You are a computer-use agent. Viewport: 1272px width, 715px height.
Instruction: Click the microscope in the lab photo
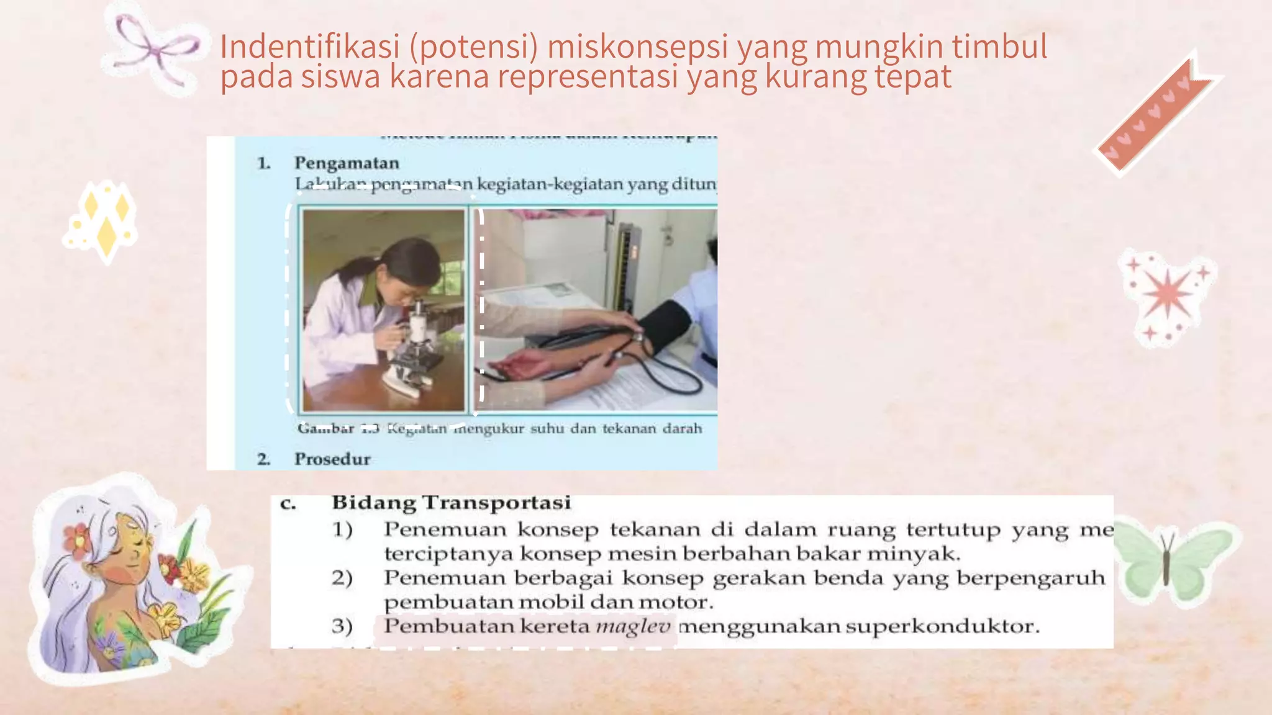[413, 354]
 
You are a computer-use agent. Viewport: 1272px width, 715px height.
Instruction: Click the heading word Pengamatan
[347, 163]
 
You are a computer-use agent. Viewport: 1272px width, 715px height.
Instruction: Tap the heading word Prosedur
[332, 459]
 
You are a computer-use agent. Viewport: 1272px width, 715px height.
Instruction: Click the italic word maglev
[633, 626]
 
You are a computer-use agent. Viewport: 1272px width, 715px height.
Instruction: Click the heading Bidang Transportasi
[451, 503]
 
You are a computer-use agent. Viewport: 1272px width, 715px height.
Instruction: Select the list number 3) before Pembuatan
[342, 626]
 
